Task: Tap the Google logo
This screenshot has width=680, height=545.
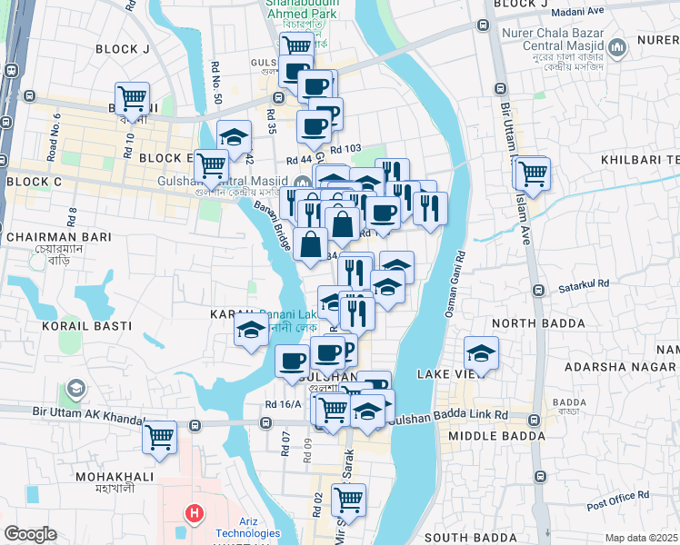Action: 30,534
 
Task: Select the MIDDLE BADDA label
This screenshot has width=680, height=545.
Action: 490,437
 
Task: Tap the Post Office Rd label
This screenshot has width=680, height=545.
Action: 617,499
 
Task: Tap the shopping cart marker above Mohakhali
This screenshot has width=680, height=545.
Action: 160,437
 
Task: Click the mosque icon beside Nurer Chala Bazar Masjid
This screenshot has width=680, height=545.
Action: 618,46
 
